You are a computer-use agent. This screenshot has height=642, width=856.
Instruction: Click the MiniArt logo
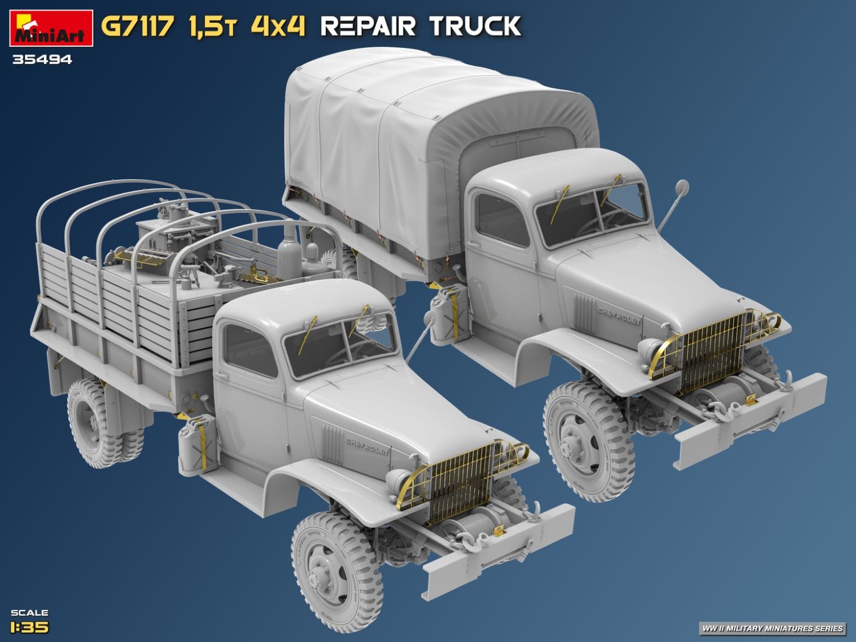[51, 29]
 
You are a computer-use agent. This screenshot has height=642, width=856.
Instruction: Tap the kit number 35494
[42, 59]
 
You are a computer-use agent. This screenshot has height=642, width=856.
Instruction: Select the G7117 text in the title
[137, 27]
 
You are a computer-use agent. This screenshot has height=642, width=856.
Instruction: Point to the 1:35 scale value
[30, 627]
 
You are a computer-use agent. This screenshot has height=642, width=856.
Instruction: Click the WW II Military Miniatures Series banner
[772, 628]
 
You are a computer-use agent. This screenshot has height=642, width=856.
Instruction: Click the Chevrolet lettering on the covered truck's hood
[619, 315]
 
